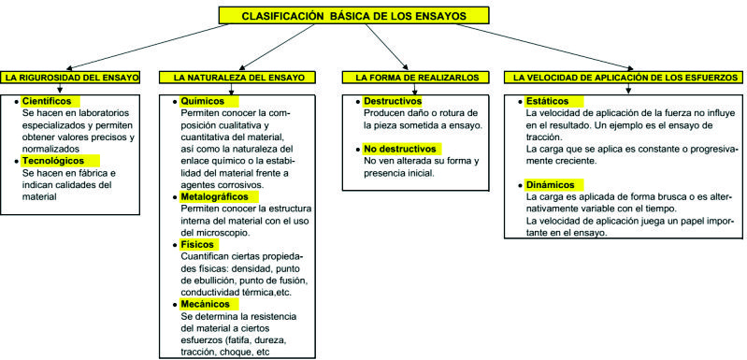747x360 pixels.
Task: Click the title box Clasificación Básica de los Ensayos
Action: click(x=353, y=15)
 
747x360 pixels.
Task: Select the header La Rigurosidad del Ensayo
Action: click(x=72, y=77)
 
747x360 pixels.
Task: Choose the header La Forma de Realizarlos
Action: click(x=415, y=77)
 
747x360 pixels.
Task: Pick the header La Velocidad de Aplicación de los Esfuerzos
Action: click(x=625, y=77)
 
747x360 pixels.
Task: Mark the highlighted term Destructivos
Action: click(x=392, y=101)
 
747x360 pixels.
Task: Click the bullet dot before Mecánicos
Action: click(x=175, y=304)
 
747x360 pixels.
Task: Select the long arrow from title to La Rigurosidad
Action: click(x=144, y=47)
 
